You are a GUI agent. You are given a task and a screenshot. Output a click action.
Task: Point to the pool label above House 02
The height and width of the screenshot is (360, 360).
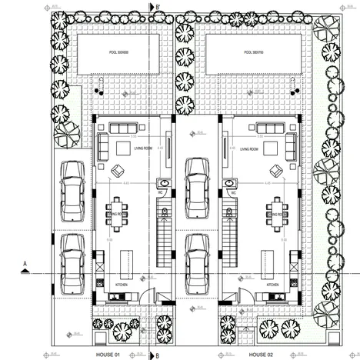pyautogui.click(x=253, y=53)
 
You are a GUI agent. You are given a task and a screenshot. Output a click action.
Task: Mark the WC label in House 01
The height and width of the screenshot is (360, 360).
pyautogui.click(x=162, y=193)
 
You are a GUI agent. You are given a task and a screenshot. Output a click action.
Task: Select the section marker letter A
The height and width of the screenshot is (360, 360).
pyautogui.click(x=25, y=264)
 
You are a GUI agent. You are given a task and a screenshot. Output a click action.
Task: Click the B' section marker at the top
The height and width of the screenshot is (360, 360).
pyautogui.click(x=157, y=8)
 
